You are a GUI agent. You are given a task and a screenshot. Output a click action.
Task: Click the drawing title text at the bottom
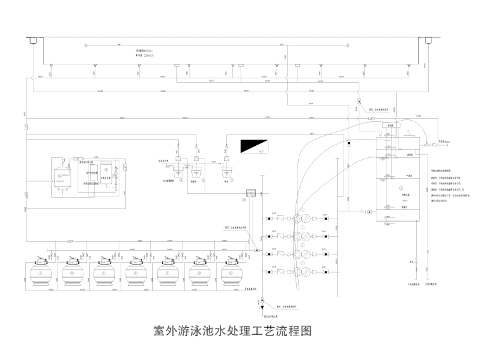tap(233, 330)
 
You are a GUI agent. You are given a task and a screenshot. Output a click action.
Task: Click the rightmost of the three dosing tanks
tap(225, 169)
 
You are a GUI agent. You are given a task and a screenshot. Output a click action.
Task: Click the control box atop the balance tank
tap(390, 126)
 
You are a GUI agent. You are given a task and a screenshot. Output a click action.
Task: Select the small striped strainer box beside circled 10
tap(251, 192)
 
